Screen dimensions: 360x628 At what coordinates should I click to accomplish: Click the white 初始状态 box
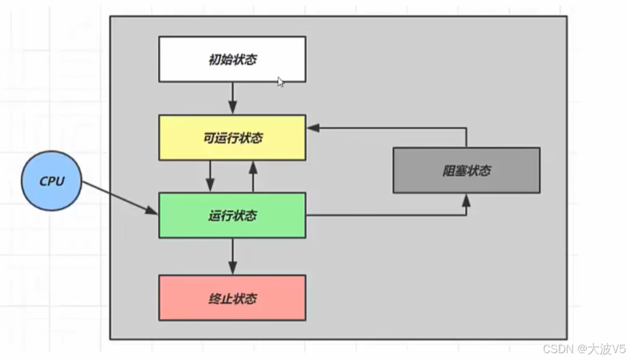tap(232, 59)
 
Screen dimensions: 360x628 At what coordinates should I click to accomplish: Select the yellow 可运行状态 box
tap(232, 137)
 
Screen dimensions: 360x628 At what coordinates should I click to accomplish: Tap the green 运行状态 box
tap(232, 216)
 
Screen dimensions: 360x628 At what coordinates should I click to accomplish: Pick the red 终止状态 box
tap(232, 298)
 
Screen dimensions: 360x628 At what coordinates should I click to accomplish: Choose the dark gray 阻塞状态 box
tap(466, 170)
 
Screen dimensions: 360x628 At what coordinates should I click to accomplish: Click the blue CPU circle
tap(52, 181)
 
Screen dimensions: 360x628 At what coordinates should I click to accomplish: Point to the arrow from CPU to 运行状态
tap(120, 198)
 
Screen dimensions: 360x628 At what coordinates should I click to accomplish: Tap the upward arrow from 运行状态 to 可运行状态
tap(253, 176)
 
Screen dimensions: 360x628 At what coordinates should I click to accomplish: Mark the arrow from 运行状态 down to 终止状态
tap(232, 256)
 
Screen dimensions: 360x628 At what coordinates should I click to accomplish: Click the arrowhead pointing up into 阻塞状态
tap(466, 199)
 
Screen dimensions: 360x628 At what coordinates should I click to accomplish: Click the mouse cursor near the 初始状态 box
tap(280, 82)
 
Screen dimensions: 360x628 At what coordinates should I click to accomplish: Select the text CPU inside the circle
tap(52, 181)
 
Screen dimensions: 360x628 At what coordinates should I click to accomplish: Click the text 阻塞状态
tap(466, 170)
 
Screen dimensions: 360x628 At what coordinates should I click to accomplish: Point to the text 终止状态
tap(232, 299)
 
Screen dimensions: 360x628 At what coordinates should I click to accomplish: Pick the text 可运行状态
tap(232, 138)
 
